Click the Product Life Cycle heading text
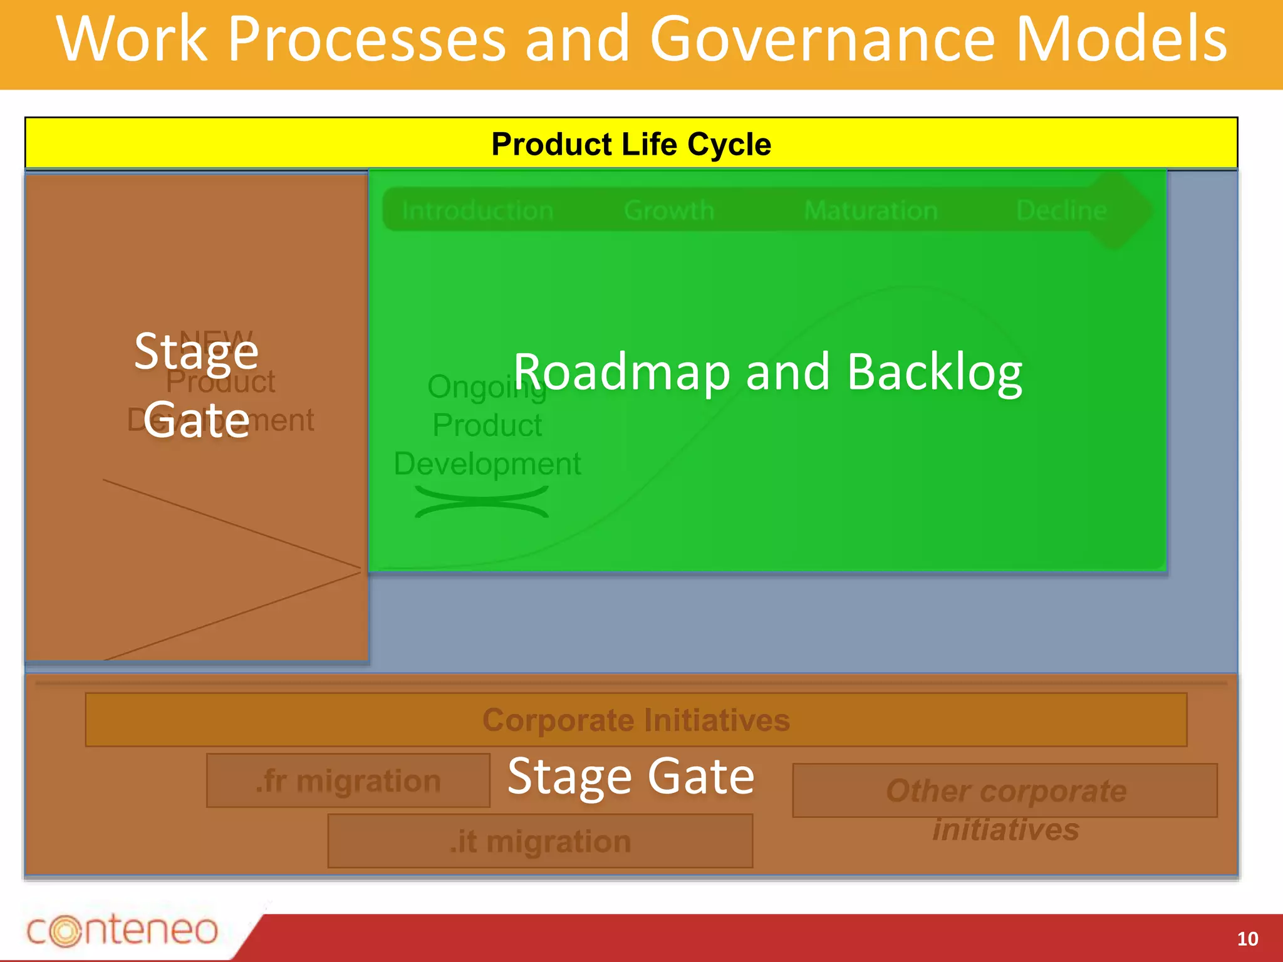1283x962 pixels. [x=631, y=145]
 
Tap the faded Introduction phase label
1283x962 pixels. [x=477, y=210]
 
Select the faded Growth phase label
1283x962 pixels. [x=669, y=210]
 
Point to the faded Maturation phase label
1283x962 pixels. [x=870, y=210]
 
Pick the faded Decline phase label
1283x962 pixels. [x=1061, y=210]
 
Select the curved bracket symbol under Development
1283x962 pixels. [x=481, y=502]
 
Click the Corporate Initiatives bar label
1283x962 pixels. [x=636, y=720]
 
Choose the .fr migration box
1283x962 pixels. [x=348, y=781]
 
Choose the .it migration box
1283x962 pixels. [x=540, y=841]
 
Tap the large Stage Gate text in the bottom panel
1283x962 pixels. [x=631, y=777]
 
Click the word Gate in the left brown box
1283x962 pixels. [x=196, y=420]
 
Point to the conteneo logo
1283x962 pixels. [x=122, y=930]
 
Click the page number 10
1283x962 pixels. [x=1247, y=938]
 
